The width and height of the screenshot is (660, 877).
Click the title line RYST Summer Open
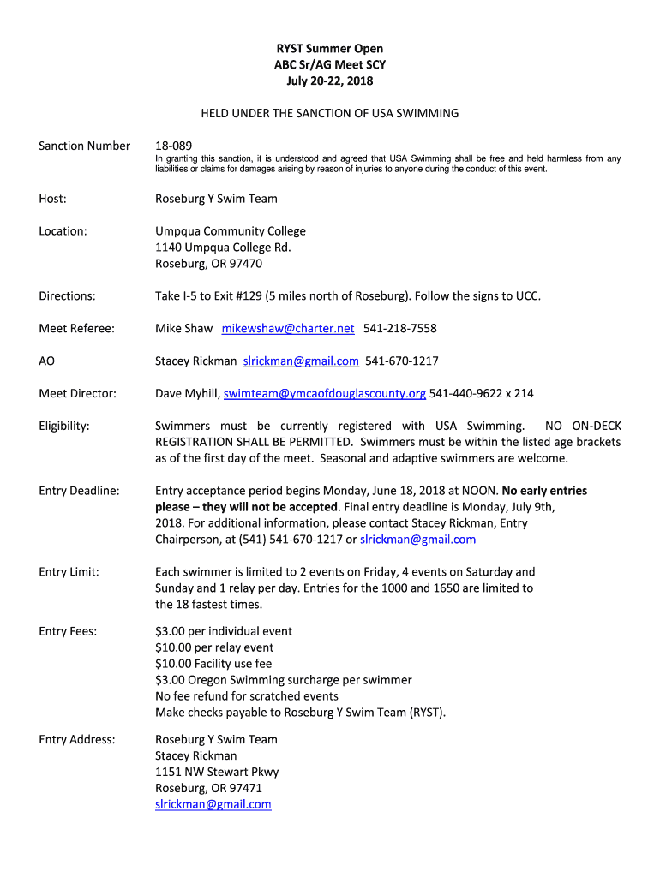point(329,49)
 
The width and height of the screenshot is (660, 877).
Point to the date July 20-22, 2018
point(329,81)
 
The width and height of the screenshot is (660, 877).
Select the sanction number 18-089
point(173,146)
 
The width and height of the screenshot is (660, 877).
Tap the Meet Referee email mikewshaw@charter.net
point(288,328)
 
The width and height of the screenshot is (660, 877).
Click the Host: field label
point(53,199)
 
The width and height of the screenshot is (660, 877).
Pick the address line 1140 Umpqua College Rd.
point(223,248)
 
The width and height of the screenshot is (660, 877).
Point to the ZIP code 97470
point(244,264)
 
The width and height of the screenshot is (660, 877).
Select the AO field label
point(46,361)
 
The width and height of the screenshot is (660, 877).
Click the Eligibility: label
point(64,426)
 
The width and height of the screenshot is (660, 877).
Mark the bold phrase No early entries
point(544,491)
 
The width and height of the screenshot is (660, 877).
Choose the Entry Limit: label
point(69,572)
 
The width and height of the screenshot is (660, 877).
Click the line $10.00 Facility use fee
point(213,664)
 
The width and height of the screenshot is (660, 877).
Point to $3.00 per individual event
point(224,631)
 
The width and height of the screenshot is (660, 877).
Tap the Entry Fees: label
point(68,631)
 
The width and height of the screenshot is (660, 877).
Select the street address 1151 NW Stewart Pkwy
point(217,772)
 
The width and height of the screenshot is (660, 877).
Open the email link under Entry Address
point(213,804)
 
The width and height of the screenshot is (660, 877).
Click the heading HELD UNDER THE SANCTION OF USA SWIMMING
point(330,113)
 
